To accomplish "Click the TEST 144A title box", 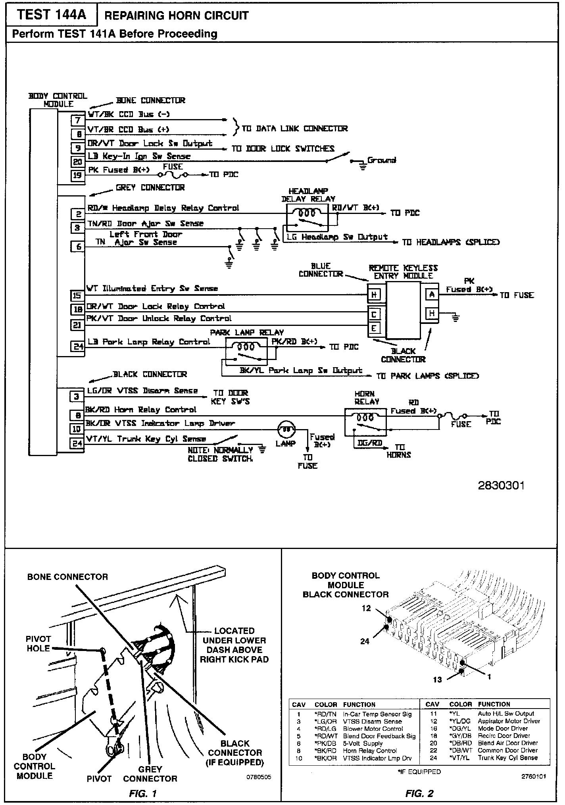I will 52,15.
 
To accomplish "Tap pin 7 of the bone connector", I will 78,120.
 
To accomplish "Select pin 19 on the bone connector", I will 78,175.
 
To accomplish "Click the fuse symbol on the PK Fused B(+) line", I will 173,175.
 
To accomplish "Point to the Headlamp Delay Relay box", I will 307,218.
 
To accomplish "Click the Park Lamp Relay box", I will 246,351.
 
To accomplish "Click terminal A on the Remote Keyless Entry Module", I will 432,294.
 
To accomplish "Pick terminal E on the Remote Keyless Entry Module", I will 374,328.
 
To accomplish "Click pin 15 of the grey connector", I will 77,295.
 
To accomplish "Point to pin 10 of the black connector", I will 77,429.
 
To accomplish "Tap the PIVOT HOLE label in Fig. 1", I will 38,643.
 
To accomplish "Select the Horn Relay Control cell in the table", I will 369,751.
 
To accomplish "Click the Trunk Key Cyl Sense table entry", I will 507,758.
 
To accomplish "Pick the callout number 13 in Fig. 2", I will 437,680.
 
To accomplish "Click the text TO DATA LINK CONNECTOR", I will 294,129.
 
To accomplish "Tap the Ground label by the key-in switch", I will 381,160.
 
